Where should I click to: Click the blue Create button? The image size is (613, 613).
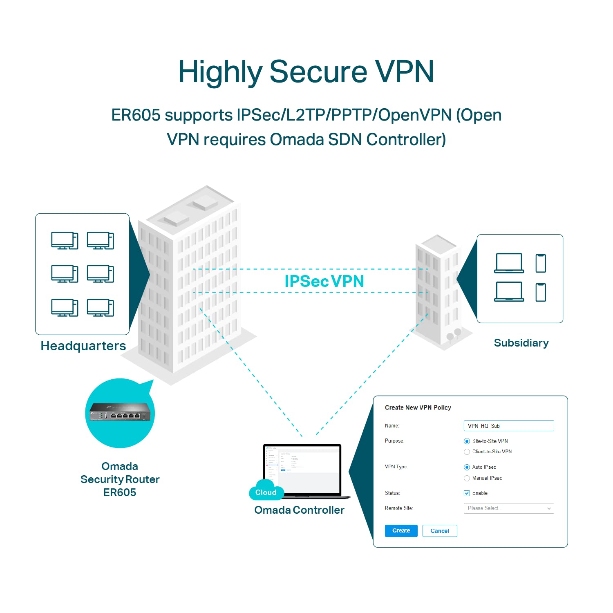click(x=401, y=530)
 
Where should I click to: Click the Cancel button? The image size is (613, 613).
click(x=439, y=531)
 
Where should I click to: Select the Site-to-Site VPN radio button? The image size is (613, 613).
click(x=467, y=441)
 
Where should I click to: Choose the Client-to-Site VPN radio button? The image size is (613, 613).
click(x=467, y=452)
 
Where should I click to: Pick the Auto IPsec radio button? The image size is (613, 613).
click(x=467, y=467)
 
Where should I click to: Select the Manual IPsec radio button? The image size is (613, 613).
click(x=467, y=478)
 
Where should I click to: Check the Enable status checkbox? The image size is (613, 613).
click(x=467, y=493)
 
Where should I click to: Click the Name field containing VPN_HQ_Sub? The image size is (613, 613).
click(x=508, y=426)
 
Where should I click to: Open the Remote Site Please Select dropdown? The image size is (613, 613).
click(x=508, y=508)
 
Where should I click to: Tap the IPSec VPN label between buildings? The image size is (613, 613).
click(x=324, y=281)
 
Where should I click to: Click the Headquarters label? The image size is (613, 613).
click(x=83, y=346)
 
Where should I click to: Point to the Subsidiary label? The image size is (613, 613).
click(x=521, y=343)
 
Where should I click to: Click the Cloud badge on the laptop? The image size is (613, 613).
click(x=266, y=492)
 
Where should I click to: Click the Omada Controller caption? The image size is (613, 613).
click(x=299, y=510)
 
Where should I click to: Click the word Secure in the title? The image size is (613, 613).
click(x=318, y=72)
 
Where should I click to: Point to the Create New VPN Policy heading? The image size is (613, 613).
click(x=418, y=407)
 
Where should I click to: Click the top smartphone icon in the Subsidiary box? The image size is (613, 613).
click(x=541, y=263)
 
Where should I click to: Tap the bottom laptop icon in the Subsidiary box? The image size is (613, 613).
click(x=509, y=292)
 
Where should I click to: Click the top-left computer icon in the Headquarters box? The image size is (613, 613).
click(x=65, y=240)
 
